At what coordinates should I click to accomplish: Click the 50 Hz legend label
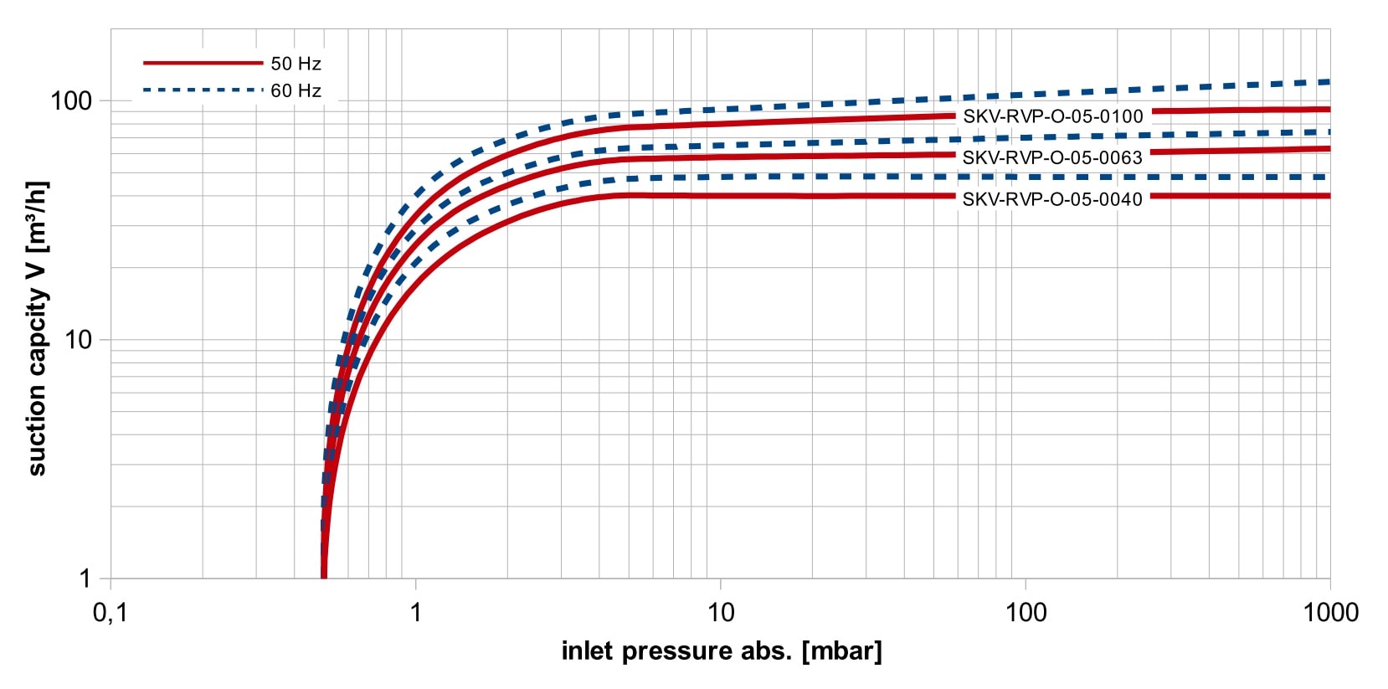point(296,64)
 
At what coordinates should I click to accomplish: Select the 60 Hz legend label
point(296,90)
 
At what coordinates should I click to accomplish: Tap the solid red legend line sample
point(203,63)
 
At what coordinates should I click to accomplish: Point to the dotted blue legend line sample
point(203,90)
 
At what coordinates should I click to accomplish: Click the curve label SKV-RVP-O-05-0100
point(1052,116)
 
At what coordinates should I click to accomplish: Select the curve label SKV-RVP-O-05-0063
point(1051,157)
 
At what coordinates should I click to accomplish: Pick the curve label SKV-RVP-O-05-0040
point(1051,199)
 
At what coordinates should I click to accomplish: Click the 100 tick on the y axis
point(71,101)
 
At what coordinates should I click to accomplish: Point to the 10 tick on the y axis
point(78,340)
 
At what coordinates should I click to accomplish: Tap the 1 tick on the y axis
point(85,578)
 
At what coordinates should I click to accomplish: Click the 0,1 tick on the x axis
point(110,613)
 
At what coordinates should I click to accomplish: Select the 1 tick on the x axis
point(415,613)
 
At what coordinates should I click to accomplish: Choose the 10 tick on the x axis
point(721,613)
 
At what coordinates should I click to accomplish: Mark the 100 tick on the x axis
point(1026,613)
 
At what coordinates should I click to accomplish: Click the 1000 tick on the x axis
point(1330,613)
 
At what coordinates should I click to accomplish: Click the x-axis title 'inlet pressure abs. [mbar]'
point(721,650)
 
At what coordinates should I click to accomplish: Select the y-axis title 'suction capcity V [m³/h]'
point(38,328)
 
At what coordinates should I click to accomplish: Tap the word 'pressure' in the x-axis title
point(673,650)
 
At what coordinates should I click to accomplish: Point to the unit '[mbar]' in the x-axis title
point(841,650)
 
